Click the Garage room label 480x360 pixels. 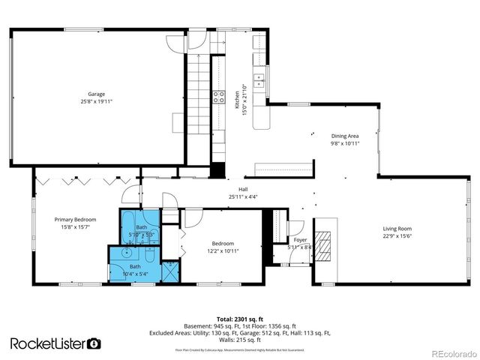96,94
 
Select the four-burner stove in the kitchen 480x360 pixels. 220,95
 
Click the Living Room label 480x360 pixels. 397,229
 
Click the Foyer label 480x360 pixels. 300,240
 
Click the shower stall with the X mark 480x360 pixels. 171,271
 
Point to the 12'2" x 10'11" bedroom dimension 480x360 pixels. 223,251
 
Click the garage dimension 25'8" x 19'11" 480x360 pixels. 96,101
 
